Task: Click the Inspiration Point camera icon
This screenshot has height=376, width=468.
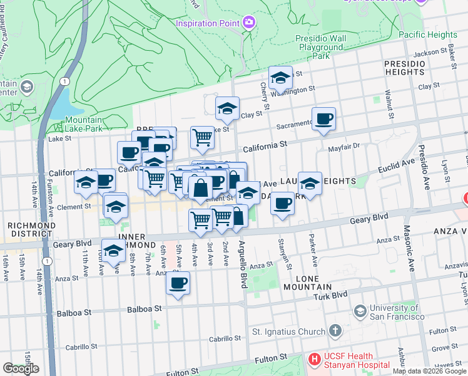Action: click(249, 23)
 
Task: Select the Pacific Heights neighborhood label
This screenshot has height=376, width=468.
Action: click(427, 34)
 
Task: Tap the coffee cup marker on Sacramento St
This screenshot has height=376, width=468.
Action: click(323, 119)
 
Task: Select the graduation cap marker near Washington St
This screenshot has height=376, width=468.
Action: click(281, 78)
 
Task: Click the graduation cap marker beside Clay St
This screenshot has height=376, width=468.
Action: click(228, 108)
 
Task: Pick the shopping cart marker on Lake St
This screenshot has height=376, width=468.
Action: click(202, 137)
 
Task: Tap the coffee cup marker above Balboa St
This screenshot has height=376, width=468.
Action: click(178, 283)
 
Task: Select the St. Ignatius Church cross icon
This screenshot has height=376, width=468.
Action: click(335, 331)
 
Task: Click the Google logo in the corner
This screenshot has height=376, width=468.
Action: click(21, 368)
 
